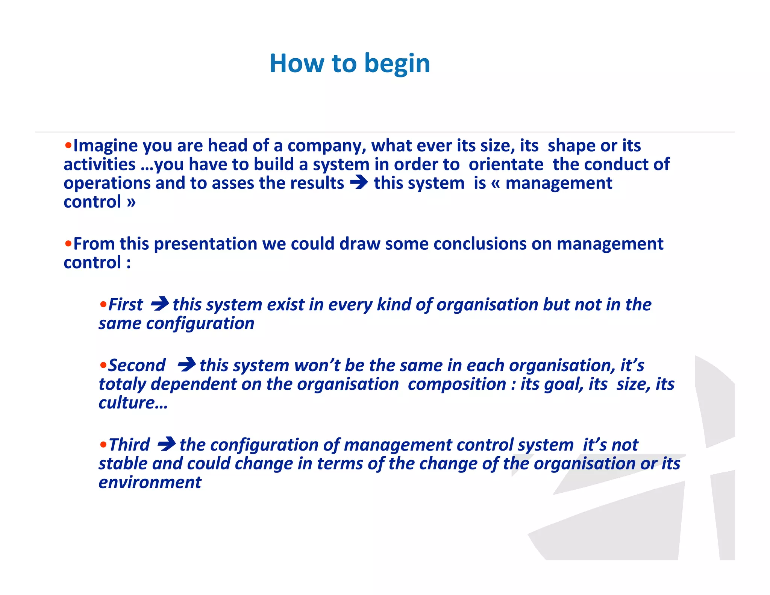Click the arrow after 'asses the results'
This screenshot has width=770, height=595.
359,183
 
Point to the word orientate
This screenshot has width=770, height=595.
506,164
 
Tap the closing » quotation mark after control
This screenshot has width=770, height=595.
131,202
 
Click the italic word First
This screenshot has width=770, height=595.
126,305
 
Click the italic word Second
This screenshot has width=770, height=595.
137,366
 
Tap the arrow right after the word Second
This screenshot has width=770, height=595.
186,365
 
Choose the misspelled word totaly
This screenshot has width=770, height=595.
122,384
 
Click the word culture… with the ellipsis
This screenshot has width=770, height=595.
133,403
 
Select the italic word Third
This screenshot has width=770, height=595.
129,445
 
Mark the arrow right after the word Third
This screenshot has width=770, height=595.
167,444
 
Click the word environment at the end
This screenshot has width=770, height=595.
150,483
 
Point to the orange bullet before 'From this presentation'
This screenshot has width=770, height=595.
68,243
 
